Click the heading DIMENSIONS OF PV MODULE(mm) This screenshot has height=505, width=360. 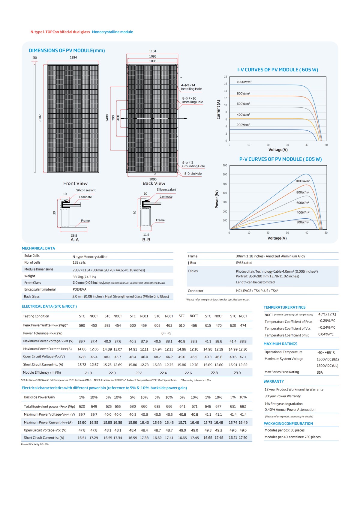[67, 51]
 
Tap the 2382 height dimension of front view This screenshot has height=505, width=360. [40, 118]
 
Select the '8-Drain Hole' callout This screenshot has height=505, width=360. [193, 174]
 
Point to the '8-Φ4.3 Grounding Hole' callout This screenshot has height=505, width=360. [193, 164]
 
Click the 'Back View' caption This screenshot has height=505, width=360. [154, 184]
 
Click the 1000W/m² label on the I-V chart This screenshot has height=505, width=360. [244, 82]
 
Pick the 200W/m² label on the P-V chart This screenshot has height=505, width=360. [303, 222]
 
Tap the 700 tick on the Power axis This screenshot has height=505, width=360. [225, 166]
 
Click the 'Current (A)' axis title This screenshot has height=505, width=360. [218, 110]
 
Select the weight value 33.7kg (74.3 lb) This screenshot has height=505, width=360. [84, 277]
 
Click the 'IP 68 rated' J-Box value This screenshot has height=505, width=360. [244, 263]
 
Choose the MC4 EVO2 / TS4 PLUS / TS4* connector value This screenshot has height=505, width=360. [257, 291]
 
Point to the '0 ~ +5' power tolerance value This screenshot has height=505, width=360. [166, 333]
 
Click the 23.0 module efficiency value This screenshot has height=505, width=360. [237, 373]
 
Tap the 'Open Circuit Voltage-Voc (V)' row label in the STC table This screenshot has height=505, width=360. [44, 357]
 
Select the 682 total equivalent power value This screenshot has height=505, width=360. [243, 407]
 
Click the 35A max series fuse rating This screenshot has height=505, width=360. [320, 372]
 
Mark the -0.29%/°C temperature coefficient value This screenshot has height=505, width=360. [327, 321]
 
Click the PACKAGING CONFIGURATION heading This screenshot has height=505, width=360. [288, 424]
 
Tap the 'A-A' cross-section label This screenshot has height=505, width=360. [75, 240]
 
